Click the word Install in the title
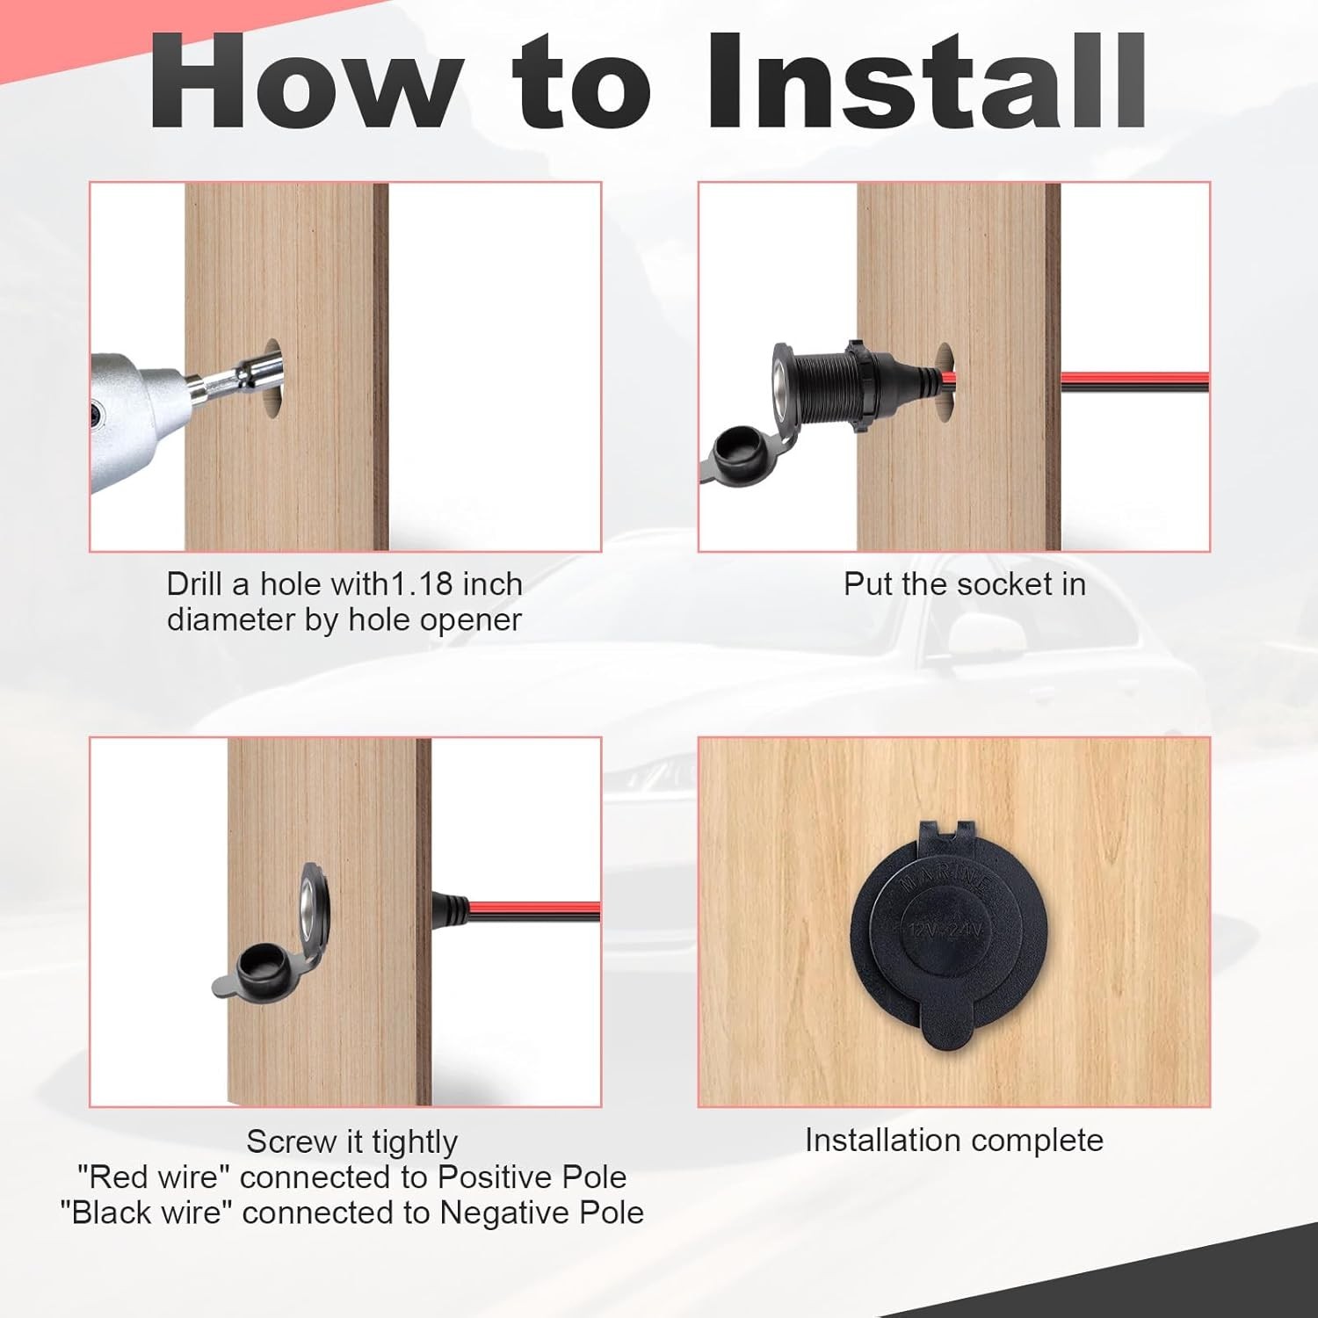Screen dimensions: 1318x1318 927,81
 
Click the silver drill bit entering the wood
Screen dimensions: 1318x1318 235,374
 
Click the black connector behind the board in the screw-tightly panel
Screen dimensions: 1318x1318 449,909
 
